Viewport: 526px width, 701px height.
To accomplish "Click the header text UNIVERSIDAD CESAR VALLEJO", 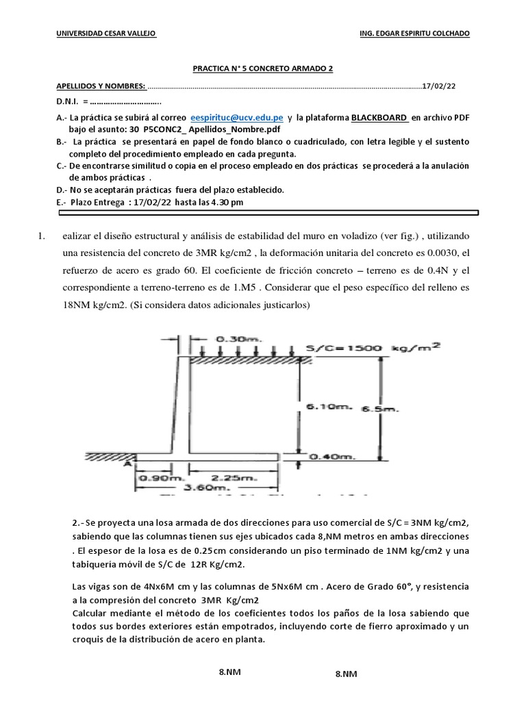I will (106, 34).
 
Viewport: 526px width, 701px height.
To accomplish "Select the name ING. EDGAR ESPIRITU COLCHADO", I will (414, 34).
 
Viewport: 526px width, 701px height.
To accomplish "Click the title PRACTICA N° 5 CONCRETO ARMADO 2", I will (262, 68).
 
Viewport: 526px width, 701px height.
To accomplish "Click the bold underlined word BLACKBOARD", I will (379, 118).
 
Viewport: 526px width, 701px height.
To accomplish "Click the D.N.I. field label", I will (69, 101).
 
